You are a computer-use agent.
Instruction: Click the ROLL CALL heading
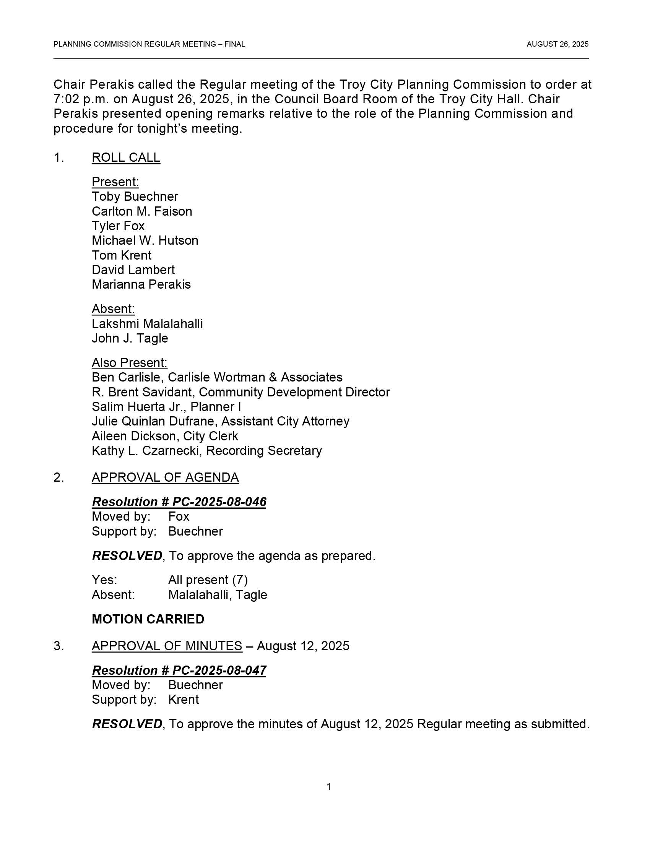pyautogui.click(x=125, y=157)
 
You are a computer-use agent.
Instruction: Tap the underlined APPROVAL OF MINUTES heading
pyautogui.click(x=167, y=646)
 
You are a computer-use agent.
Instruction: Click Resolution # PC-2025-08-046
pyautogui.click(x=179, y=502)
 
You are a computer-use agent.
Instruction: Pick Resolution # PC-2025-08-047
pyautogui.click(x=179, y=671)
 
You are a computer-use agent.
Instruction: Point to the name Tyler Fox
pyautogui.click(x=118, y=226)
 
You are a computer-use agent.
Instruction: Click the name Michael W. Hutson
pyautogui.click(x=145, y=240)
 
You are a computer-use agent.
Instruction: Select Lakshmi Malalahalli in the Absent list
pyautogui.click(x=147, y=323)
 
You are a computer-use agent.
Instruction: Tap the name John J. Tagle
pyautogui.click(x=130, y=338)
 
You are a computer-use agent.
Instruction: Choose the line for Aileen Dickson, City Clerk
pyautogui.click(x=165, y=436)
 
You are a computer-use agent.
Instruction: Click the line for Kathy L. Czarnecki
pyautogui.click(x=206, y=451)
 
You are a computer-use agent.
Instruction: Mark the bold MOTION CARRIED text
pyautogui.click(x=148, y=619)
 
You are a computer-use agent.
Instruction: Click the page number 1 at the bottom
pyautogui.click(x=328, y=786)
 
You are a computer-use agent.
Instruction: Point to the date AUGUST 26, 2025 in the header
pyautogui.click(x=557, y=44)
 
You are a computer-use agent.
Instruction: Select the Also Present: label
pyautogui.click(x=129, y=363)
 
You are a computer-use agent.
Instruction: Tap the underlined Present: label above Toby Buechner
pyautogui.click(x=115, y=182)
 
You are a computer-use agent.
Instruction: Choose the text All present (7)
pyautogui.click(x=208, y=580)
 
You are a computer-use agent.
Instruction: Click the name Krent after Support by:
pyautogui.click(x=183, y=699)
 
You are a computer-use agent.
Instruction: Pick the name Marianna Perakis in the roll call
pyautogui.click(x=141, y=284)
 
